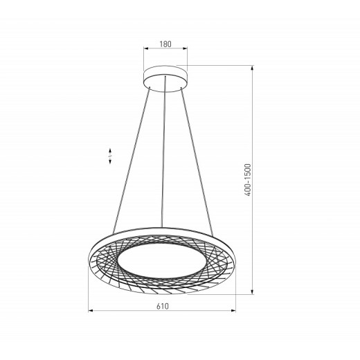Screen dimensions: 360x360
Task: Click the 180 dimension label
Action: (x=165, y=44)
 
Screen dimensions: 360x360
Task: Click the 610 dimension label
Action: (x=163, y=306)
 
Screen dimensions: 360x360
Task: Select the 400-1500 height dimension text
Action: (x=247, y=180)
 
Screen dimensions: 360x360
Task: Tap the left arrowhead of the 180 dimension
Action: (x=145, y=48)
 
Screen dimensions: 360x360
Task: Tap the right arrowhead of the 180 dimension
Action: (x=185, y=48)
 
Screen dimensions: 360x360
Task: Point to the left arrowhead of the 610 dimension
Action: (x=91, y=311)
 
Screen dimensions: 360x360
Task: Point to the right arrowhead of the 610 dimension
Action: (x=233, y=311)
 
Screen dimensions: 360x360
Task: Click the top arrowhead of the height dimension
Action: (x=252, y=68)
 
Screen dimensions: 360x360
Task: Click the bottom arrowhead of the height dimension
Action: (x=252, y=292)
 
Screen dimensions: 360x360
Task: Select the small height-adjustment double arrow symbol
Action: (x=110, y=156)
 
